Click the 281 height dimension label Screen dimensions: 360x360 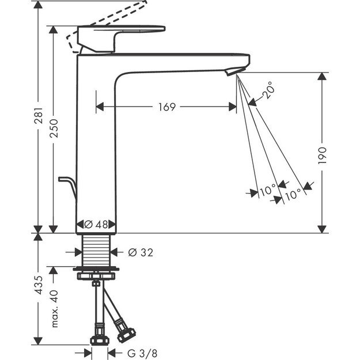click(x=37, y=122)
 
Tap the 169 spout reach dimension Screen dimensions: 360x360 click(x=165, y=107)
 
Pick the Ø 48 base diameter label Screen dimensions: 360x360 click(x=96, y=225)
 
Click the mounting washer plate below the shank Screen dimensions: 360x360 click(x=96, y=269)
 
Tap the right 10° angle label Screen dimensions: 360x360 click(x=293, y=195)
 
